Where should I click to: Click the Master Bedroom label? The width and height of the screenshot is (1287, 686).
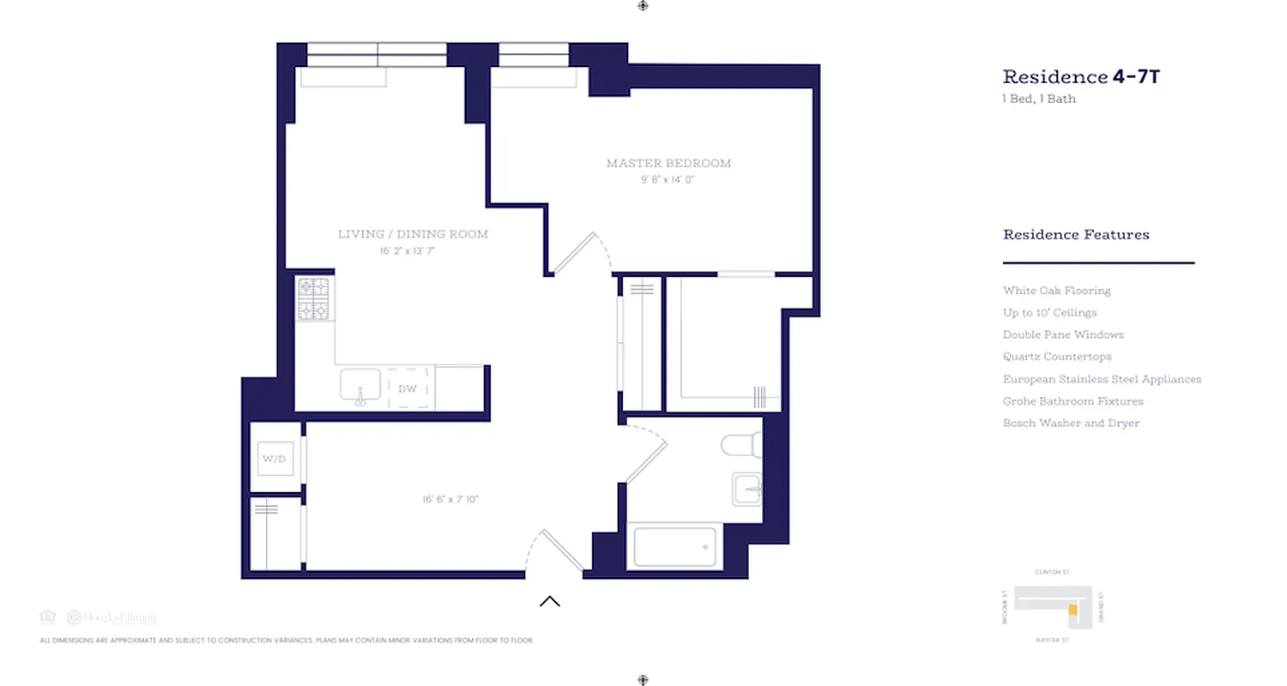coord(668,163)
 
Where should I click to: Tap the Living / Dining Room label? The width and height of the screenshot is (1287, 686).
coord(413,234)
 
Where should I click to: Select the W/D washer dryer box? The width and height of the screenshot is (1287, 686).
coord(274,459)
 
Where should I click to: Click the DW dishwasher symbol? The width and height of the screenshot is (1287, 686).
coord(408,388)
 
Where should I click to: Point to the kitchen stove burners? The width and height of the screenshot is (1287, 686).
coord(313,298)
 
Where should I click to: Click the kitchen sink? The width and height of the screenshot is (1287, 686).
coord(360,386)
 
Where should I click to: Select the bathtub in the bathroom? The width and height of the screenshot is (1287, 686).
coord(674,547)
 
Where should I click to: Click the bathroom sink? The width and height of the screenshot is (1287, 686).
coord(746,490)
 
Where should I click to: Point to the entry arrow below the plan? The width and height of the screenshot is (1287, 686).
coord(550,601)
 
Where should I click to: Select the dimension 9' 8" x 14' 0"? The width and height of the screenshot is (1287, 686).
coord(667,180)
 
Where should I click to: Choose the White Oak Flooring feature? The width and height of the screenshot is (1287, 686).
coord(1056,291)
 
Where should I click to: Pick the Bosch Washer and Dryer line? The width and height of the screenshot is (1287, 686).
coord(1071,424)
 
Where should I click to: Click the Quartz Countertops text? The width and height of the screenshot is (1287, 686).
coord(1057,357)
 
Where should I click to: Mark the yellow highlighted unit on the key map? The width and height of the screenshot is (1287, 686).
coord(1072,610)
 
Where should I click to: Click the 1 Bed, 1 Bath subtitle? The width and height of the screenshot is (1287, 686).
coord(1039,99)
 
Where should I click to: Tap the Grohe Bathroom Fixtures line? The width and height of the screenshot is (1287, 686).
coord(1072,401)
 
